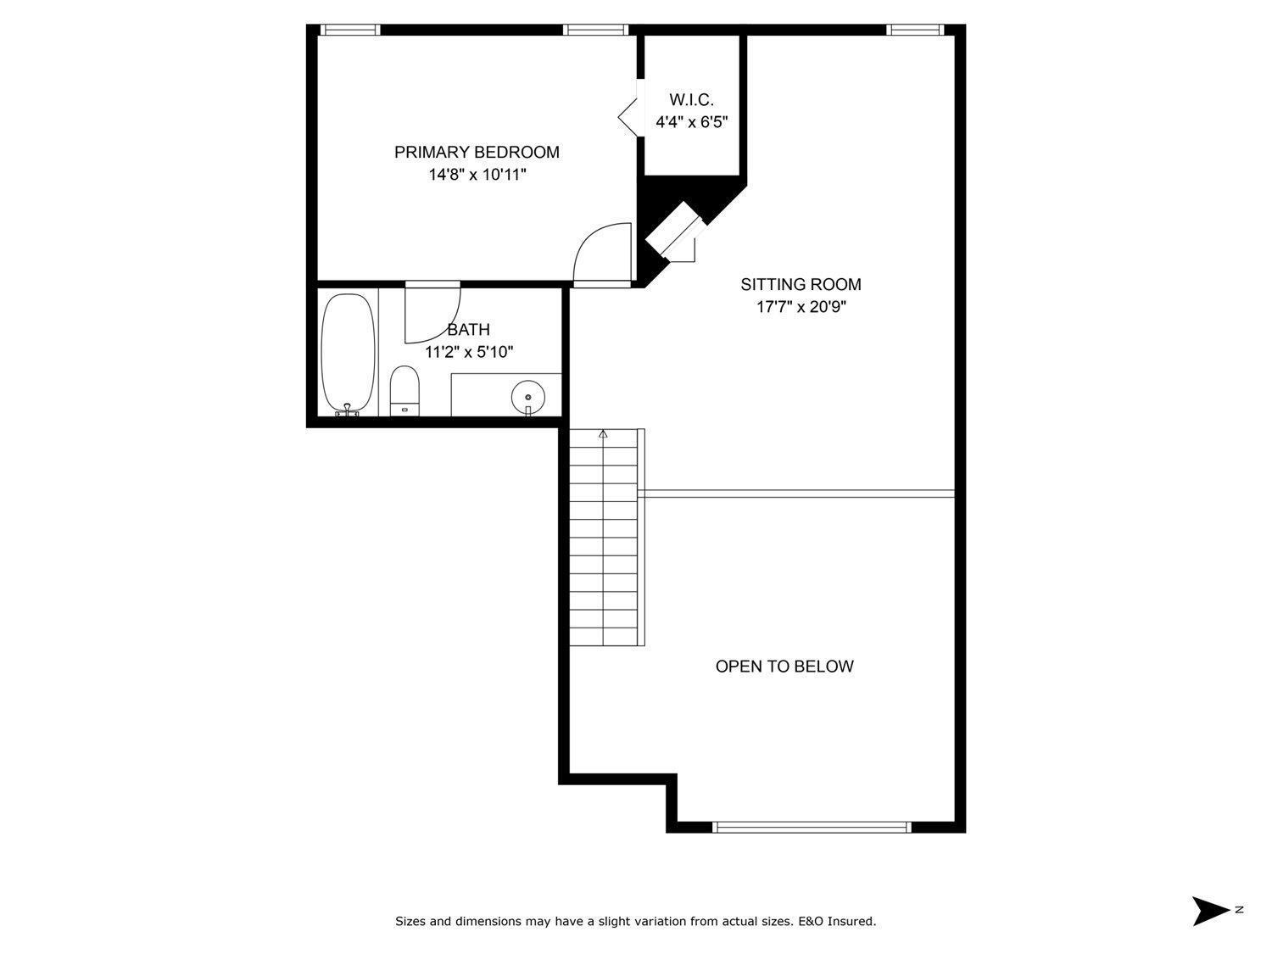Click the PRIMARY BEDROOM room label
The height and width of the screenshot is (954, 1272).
point(477,153)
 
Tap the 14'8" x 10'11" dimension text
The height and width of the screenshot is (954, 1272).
point(477,175)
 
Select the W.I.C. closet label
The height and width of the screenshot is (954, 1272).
point(691,100)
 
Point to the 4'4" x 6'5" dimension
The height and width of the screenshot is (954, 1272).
point(691,122)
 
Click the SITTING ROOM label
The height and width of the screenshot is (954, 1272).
point(801,284)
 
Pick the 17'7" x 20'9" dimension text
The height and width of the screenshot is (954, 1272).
point(801,306)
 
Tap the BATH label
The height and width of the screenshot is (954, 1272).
point(468,330)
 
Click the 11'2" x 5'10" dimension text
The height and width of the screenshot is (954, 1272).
point(469,352)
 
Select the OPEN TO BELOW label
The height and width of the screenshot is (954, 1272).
point(784,667)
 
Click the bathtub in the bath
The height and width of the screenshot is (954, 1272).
point(349,354)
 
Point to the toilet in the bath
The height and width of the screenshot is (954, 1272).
point(404,390)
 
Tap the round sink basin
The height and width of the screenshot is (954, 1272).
point(528,397)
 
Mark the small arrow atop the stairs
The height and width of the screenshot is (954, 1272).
point(603,433)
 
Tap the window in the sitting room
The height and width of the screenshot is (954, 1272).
point(915,31)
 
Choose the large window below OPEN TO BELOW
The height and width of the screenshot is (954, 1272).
point(812,827)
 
